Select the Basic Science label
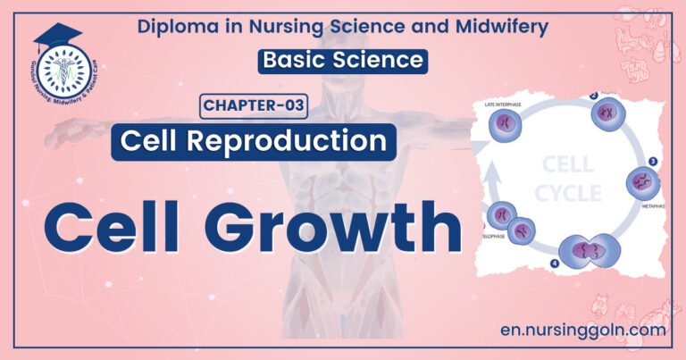click(x=341, y=61)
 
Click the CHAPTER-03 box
click(x=252, y=107)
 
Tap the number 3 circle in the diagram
click(x=653, y=162)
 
